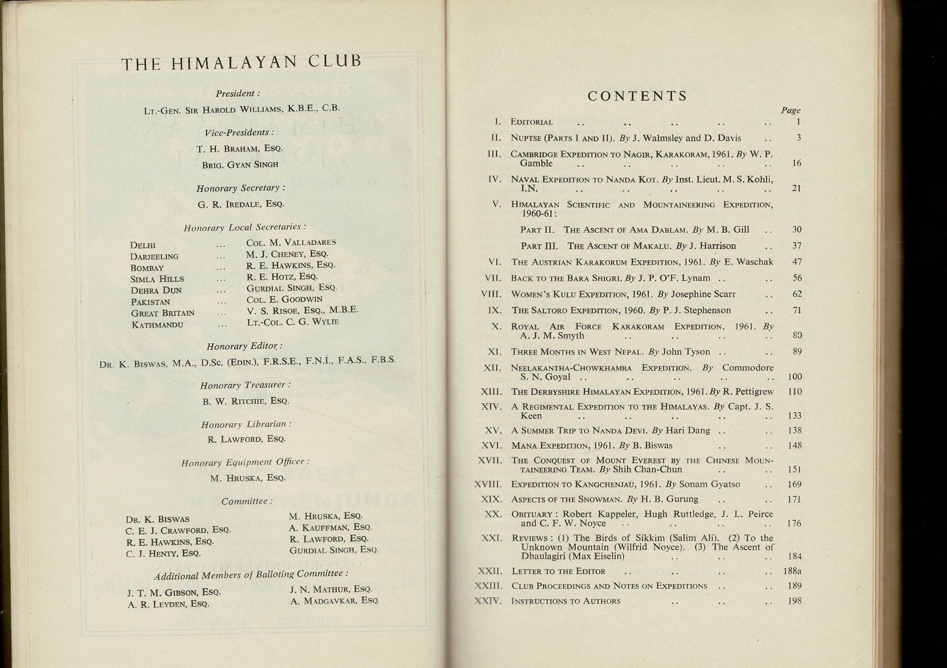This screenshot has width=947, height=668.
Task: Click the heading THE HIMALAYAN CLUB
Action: click(241, 63)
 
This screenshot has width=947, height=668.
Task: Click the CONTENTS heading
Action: click(637, 96)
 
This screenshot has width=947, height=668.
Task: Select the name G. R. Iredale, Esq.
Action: click(241, 204)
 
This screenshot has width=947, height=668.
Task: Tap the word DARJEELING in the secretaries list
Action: click(154, 257)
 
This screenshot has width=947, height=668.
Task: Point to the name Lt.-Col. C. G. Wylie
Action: click(293, 322)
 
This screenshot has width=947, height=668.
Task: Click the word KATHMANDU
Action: click(157, 325)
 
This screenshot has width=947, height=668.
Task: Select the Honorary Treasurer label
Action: click(246, 385)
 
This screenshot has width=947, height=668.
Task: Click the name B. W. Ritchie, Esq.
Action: click(246, 401)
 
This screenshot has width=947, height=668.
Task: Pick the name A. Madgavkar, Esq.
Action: click(334, 601)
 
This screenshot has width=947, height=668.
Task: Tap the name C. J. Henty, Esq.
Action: click(163, 554)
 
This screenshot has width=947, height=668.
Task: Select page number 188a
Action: click(792, 571)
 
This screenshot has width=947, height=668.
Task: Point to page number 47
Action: click(797, 262)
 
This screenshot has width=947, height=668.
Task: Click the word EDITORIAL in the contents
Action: click(532, 122)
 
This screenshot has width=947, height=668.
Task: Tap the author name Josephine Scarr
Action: click(703, 294)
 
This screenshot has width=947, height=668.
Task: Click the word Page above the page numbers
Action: click(790, 111)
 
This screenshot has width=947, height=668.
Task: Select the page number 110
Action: click(794, 392)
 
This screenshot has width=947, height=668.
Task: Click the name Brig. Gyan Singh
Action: click(240, 165)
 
